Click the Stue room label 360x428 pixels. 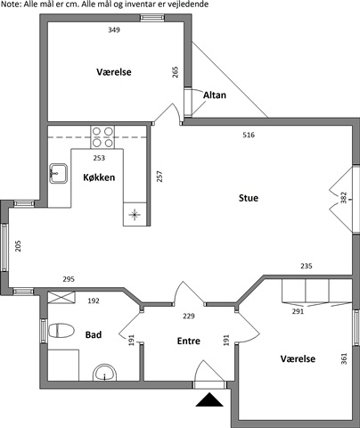coord(249,198)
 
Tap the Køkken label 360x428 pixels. coord(99,177)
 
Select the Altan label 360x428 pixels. coord(215,95)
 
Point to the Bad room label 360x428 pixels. coord(94,335)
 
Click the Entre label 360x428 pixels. coord(189,341)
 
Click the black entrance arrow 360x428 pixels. coord(209,399)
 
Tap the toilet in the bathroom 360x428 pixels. coord(61,331)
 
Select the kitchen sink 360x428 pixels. coord(58,173)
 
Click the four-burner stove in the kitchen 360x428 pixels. coord(102,137)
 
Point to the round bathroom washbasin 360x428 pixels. coord(105,373)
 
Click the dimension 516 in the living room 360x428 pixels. coord(249,135)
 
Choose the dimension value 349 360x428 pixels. coord(114,29)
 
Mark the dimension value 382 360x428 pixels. coord(343,198)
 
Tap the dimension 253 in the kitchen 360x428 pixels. coord(99,158)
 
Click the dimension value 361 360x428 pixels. coord(344,358)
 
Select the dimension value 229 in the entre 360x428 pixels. coord(189,316)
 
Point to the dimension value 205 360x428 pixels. coord(18,246)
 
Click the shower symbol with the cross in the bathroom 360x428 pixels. coord(61,298)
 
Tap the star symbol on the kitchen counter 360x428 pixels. coord(135,214)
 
